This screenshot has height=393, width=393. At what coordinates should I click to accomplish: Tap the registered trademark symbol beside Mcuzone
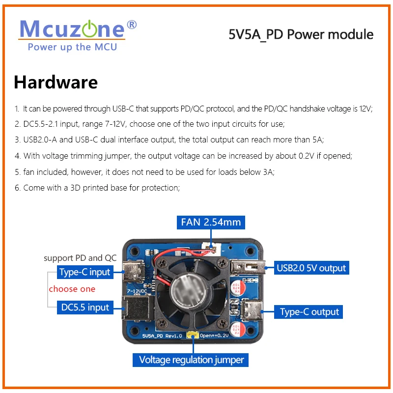[x=132, y=24]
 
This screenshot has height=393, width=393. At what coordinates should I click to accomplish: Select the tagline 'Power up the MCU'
[x=72, y=47]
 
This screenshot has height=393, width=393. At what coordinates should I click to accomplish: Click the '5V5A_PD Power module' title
[x=301, y=34]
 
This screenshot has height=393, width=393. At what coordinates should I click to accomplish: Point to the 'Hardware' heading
[x=56, y=82]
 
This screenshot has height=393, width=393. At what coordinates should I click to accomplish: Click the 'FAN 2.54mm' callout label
[x=211, y=222]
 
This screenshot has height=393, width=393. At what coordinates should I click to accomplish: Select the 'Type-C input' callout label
[x=84, y=272]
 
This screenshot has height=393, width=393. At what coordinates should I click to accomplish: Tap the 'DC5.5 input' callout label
[x=85, y=308]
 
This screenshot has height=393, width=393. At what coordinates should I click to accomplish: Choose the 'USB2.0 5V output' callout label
[x=311, y=268]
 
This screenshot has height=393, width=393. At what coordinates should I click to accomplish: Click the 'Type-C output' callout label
[x=309, y=311]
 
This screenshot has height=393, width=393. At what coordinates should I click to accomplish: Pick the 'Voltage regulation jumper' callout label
[x=191, y=360]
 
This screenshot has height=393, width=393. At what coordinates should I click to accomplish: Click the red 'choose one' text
[x=72, y=289]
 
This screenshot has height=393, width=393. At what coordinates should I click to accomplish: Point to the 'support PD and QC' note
[x=80, y=258]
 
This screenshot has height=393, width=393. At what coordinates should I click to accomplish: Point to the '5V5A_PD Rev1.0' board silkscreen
[x=162, y=336]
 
